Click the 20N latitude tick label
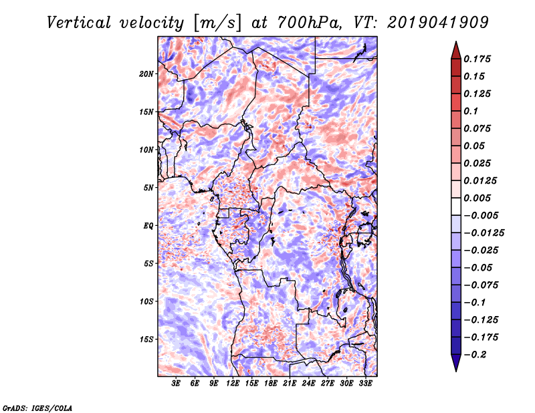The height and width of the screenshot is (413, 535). (146, 74)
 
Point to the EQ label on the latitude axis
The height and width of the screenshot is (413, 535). (148, 225)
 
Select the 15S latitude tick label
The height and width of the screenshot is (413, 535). (146, 339)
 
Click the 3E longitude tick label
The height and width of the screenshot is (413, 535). (177, 384)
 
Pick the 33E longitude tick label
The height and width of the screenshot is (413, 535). (366, 384)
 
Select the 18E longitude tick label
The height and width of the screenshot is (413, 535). (271, 384)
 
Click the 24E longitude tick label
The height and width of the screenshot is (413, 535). (309, 384)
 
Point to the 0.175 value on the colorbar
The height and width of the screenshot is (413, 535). (479, 59)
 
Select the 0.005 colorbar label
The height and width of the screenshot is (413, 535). (479, 198)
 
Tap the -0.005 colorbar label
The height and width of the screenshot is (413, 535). (481, 215)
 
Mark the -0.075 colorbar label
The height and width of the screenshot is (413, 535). (481, 285)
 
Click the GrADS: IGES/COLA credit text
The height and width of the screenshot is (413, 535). (37, 407)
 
